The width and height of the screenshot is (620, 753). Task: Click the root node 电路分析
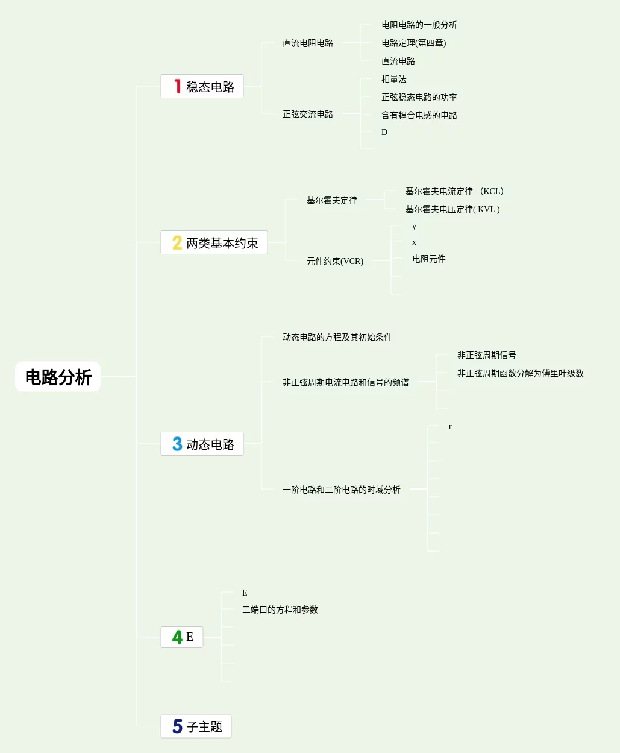(x=58, y=377)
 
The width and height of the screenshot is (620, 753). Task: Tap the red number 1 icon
(x=177, y=86)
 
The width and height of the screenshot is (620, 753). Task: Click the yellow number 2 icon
(x=177, y=242)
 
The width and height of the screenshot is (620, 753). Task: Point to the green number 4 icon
(x=177, y=637)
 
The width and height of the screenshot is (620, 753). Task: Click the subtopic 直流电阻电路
(x=307, y=43)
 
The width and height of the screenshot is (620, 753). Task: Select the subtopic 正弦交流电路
(x=307, y=114)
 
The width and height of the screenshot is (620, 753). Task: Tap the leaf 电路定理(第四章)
(x=413, y=43)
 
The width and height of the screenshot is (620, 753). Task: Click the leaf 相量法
(x=393, y=79)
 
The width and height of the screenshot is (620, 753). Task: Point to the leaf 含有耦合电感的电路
(x=419, y=115)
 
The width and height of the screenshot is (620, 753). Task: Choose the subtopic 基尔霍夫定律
(x=331, y=200)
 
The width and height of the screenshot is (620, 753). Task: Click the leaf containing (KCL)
(x=454, y=191)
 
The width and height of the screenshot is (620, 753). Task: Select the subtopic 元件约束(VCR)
(x=334, y=261)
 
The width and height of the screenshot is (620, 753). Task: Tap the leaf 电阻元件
(x=428, y=259)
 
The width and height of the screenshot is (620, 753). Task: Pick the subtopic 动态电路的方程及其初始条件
(x=337, y=337)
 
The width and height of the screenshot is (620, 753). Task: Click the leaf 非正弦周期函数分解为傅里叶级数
(x=520, y=373)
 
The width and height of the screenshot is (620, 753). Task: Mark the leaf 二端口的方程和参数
(x=280, y=610)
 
